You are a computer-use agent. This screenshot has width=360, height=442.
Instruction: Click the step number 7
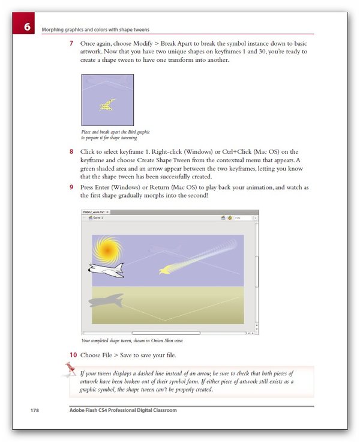tap(71, 44)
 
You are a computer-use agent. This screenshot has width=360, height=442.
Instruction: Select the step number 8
tap(71, 151)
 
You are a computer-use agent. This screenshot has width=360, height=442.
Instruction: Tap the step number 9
tap(71, 187)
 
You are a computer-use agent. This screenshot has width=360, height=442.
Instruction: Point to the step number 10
tap(73, 354)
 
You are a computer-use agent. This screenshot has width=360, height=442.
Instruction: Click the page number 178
tap(35, 410)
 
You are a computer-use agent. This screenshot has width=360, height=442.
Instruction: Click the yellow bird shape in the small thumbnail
tap(108, 105)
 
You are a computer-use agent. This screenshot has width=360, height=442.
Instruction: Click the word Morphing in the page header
tap(54, 29)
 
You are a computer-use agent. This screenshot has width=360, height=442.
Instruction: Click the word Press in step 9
tap(89, 187)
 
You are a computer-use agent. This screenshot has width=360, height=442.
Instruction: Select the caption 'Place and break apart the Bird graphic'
tap(115, 132)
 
